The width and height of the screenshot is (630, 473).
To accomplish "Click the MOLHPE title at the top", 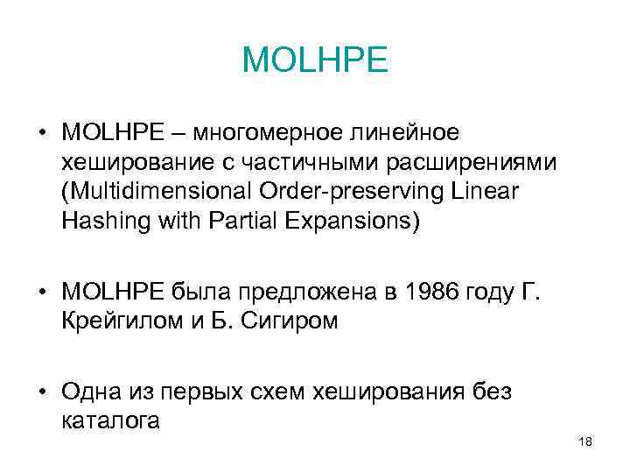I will click(314, 60).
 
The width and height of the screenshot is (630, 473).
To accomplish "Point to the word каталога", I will click(111, 420).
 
